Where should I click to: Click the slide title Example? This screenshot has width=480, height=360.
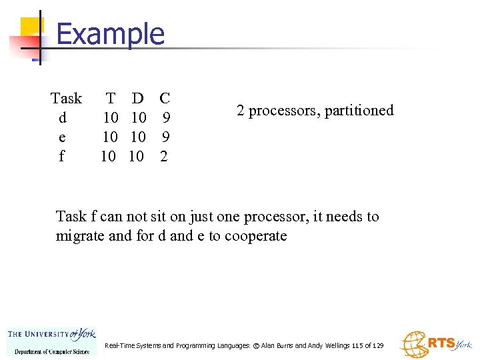click(110, 33)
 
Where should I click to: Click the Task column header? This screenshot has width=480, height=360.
click(66, 99)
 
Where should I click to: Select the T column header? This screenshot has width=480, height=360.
click(110, 99)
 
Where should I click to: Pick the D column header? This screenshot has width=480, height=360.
click(137, 99)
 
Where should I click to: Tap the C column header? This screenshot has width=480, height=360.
click(165, 99)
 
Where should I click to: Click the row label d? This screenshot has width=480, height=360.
click(63, 118)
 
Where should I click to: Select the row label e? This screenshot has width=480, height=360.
click(63, 137)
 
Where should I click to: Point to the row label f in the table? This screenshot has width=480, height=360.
click(62, 157)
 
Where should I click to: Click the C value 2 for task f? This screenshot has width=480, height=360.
click(165, 157)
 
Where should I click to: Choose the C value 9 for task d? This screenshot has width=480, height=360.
click(166, 118)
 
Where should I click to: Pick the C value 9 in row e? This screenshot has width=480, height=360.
click(166, 137)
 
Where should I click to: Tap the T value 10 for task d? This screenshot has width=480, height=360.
click(110, 118)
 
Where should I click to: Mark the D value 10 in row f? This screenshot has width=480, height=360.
click(136, 157)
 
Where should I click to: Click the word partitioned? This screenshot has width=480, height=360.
click(359, 111)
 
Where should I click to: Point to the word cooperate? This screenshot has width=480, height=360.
click(255, 236)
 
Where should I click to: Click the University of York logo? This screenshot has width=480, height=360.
click(51, 341)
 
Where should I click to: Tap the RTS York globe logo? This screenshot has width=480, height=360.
click(436, 344)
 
